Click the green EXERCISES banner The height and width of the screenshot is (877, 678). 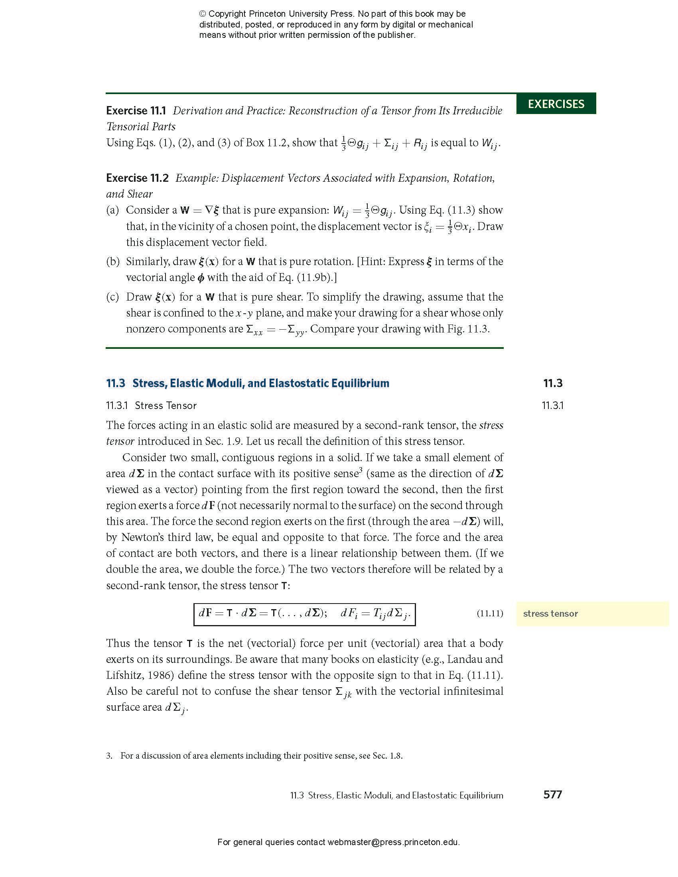pyautogui.click(x=556, y=104)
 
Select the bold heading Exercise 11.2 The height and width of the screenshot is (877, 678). pyautogui.click(x=137, y=178)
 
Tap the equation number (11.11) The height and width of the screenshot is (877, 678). pyautogui.click(x=490, y=614)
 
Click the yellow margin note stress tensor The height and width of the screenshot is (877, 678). pyautogui.click(x=550, y=614)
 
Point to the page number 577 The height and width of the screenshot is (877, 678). pyautogui.click(x=552, y=794)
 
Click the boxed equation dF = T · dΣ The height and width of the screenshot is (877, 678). pyautogui.click(x=304, y=614)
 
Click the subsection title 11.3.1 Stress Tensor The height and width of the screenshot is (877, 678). pyautogui.click(x=151, y=405)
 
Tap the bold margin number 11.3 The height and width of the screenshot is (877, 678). pyautogui.click(x=553, y=383)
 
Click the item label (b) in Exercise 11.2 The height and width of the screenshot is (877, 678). pyautogui.click(x=112, y=262)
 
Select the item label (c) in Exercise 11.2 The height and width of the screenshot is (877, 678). pyautogui.click(x=112, y=297)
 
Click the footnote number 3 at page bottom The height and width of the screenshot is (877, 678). pyautogui.click(x=109, y=756)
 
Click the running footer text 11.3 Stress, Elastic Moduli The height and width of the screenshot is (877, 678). pyautogui.click(x=396, y=796)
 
